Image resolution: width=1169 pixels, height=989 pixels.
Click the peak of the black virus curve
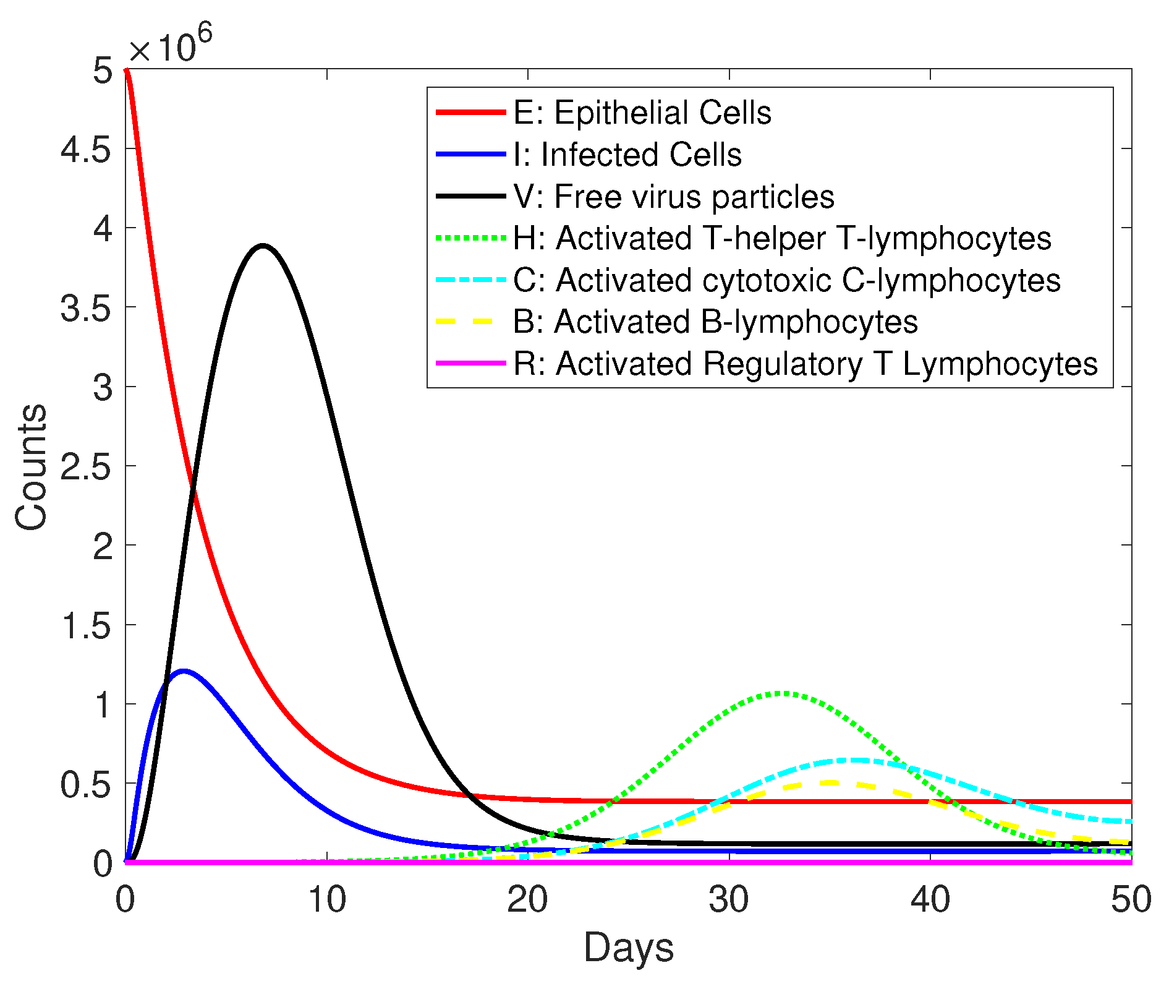(x=263, y=246)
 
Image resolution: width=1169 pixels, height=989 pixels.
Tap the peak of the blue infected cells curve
(x=183, y=670)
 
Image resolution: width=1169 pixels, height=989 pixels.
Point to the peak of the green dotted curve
(x=781, y=693)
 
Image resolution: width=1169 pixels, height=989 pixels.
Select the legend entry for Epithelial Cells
(x=642, y=113)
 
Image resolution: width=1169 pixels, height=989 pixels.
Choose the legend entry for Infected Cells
(x=627, y=155)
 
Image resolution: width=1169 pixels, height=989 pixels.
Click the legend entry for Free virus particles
(x=673, y=197)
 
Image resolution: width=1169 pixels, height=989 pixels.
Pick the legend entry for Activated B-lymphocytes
(x=715, y=322)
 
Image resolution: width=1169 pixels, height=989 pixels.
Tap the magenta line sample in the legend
(x=470, y=363)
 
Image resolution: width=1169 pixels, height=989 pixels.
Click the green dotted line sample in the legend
(x=470, y=238)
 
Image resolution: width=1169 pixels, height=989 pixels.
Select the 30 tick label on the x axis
(x=729, y=900)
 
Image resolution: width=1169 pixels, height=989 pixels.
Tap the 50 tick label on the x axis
(x=1131, y=900)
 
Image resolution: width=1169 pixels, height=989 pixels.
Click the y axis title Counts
(x=31, y=467)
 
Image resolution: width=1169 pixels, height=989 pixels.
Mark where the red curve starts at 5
(x=126, y=70)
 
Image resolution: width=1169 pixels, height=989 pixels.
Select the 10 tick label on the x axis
(x=326, y=900)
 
